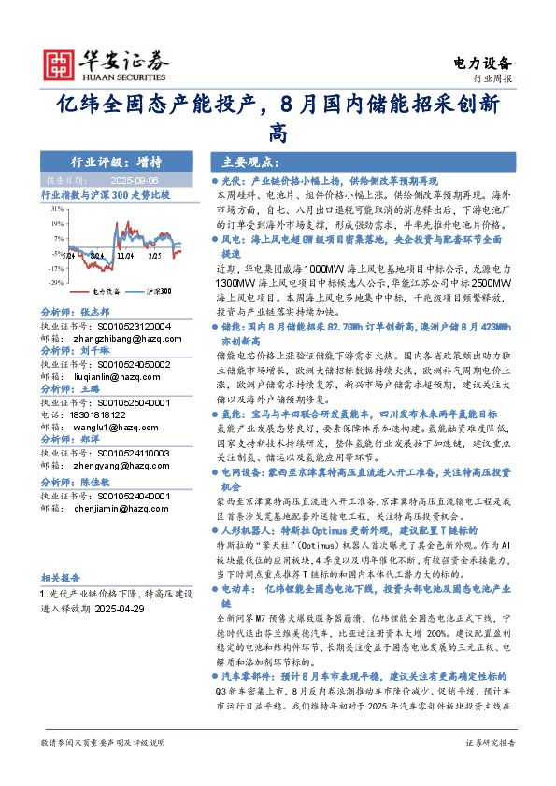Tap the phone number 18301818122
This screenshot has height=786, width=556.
coord(104,414)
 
